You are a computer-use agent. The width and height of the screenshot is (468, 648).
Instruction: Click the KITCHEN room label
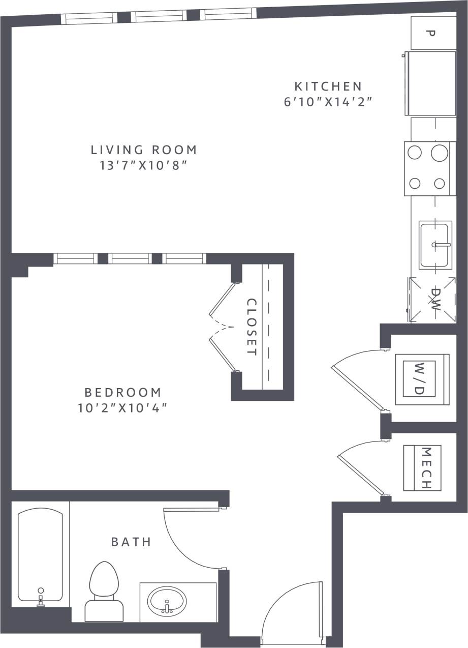(328, 86)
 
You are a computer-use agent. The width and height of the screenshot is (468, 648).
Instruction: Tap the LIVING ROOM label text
(144, 150)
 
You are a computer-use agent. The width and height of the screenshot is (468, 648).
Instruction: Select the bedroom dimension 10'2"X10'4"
(122, 407)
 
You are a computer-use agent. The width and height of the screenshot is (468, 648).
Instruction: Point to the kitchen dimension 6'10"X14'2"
(328, 101)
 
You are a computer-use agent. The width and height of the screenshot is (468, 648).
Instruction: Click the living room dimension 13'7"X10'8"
(144, 165)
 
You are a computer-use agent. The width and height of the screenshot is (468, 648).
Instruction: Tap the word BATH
(132, 542)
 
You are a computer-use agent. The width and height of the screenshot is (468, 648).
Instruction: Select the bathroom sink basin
(167, 602)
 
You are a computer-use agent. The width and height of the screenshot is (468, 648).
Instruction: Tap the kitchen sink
(435, 245)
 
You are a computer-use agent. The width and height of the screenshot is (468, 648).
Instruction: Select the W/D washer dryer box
(422, 379)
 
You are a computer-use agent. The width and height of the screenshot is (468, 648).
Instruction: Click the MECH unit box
(422, 468)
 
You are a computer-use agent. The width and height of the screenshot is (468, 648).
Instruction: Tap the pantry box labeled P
(433, 33)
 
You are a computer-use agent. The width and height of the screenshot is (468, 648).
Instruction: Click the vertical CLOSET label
(252, 327)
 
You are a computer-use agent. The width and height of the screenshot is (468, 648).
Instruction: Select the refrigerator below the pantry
(430, 83)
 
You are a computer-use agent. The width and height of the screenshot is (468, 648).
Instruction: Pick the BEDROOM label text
(122, 392)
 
